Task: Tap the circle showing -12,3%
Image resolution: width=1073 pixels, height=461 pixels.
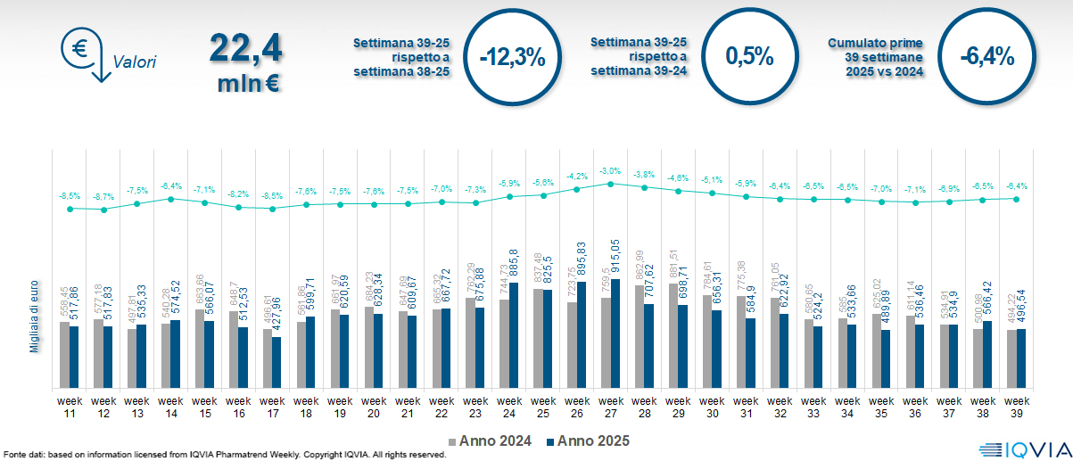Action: pyautogui.click(x=511, y=57)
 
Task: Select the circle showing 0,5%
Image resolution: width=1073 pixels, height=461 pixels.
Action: pyautogui.click(x=747, y=56)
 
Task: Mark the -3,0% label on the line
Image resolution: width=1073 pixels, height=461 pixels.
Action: pyautogui.click(x=610, y=170)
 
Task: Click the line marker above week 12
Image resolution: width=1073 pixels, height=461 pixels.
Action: pyautogui.click(x=103, y=210)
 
